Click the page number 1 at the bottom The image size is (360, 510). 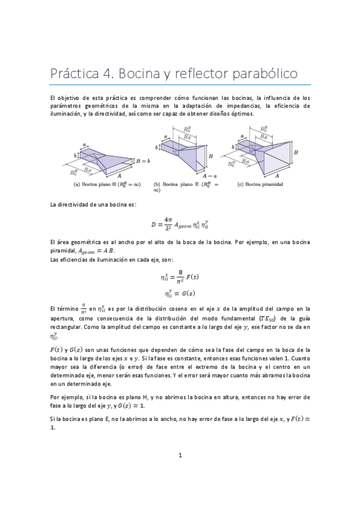[180, 455]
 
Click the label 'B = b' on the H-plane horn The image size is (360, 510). [142, 161]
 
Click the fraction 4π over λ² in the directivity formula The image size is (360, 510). [170, 224]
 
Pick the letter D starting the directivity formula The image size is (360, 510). [153, 224]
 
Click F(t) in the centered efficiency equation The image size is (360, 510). [192, 277]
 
